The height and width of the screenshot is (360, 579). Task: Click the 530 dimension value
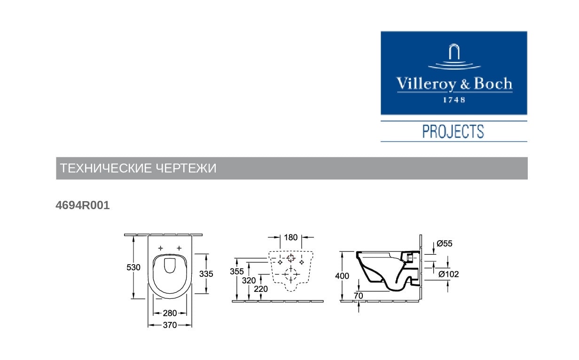(x=133, y=267)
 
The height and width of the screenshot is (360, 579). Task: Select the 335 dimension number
(x=206, y=274)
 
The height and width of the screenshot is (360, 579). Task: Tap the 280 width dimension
(x=170, y=313)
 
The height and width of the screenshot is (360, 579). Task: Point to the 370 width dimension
(x=170, y=325)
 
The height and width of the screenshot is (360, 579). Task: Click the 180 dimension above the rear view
(x=291, y=237)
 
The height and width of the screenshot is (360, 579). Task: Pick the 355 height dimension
(x=237, y=271)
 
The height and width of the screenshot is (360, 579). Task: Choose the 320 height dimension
(x=249, y=281)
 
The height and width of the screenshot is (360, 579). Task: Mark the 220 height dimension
(x=260, y=289)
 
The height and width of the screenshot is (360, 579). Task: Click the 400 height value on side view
(x=342, y=276)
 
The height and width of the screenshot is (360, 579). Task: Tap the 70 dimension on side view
(x=359, y=296)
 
